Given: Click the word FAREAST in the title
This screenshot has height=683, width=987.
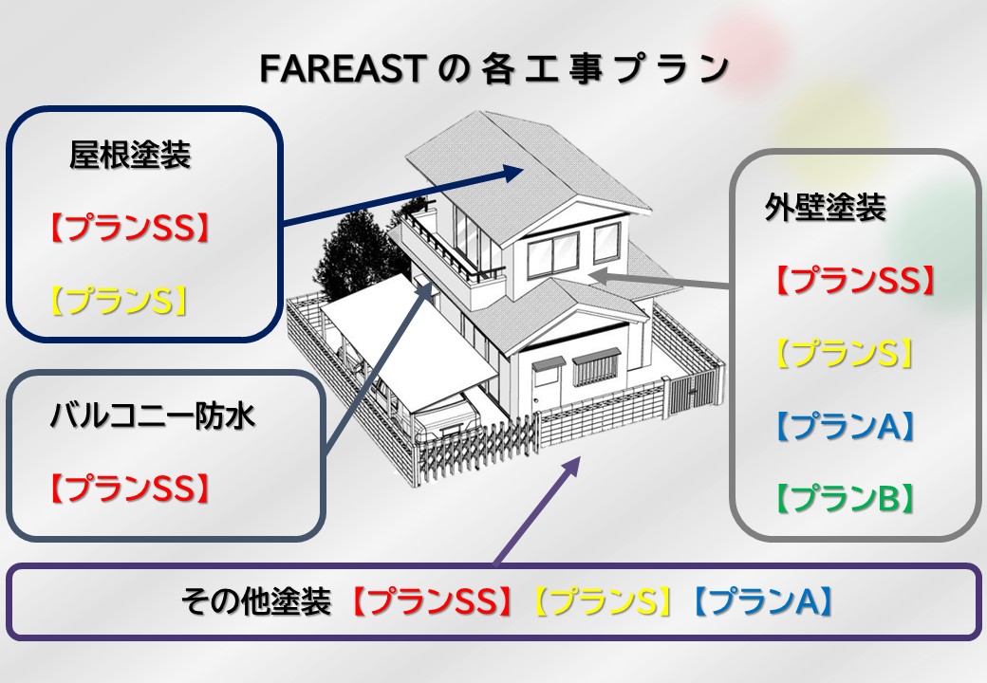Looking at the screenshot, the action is click(x=340, y=68).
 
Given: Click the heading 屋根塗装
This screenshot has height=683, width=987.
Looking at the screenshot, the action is click(x=130, y=154).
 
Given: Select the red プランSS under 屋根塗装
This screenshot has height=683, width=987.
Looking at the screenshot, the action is click(x=129, y=228).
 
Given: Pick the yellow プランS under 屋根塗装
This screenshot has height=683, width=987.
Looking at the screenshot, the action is click(x=119, y=300).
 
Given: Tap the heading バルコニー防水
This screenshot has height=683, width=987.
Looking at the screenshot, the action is click(x=153, y=415).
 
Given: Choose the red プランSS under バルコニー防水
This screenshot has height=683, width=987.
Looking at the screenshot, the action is click(x=129, y=488).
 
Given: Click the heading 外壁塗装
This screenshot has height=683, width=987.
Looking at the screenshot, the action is click(x=826, y=207).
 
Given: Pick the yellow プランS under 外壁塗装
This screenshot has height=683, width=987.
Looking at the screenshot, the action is click(x=845, y=353).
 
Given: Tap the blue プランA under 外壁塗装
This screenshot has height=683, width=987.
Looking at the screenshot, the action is click(x=845, y=426).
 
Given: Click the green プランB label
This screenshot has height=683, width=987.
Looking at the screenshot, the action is click(x=845, y=498).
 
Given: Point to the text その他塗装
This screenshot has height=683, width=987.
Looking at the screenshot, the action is click(x=256, y=601).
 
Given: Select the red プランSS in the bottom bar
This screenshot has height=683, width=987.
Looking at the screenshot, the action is click(x=431, y=601).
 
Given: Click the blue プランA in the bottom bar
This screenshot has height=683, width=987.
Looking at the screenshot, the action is click(x=763, y=601).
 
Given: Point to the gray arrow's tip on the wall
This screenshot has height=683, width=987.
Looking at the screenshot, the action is click(x=591, y=275).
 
